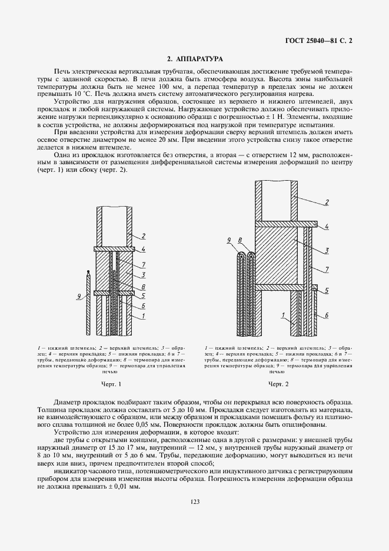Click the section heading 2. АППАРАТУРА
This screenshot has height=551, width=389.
(x=194, y=59)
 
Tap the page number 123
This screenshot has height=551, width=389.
(x=194, y=501)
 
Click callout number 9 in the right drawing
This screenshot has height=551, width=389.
(x=228, y=240)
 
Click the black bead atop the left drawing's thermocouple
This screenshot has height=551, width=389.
(x=87, y=273)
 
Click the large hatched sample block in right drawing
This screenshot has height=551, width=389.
(x=277, y=259)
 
